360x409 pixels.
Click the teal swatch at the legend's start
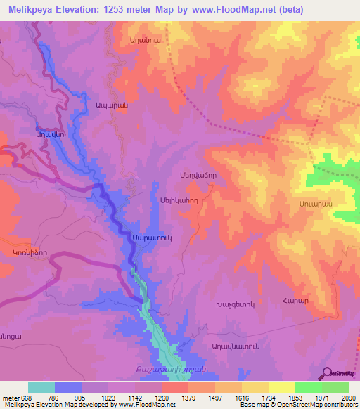coord(41,387)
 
